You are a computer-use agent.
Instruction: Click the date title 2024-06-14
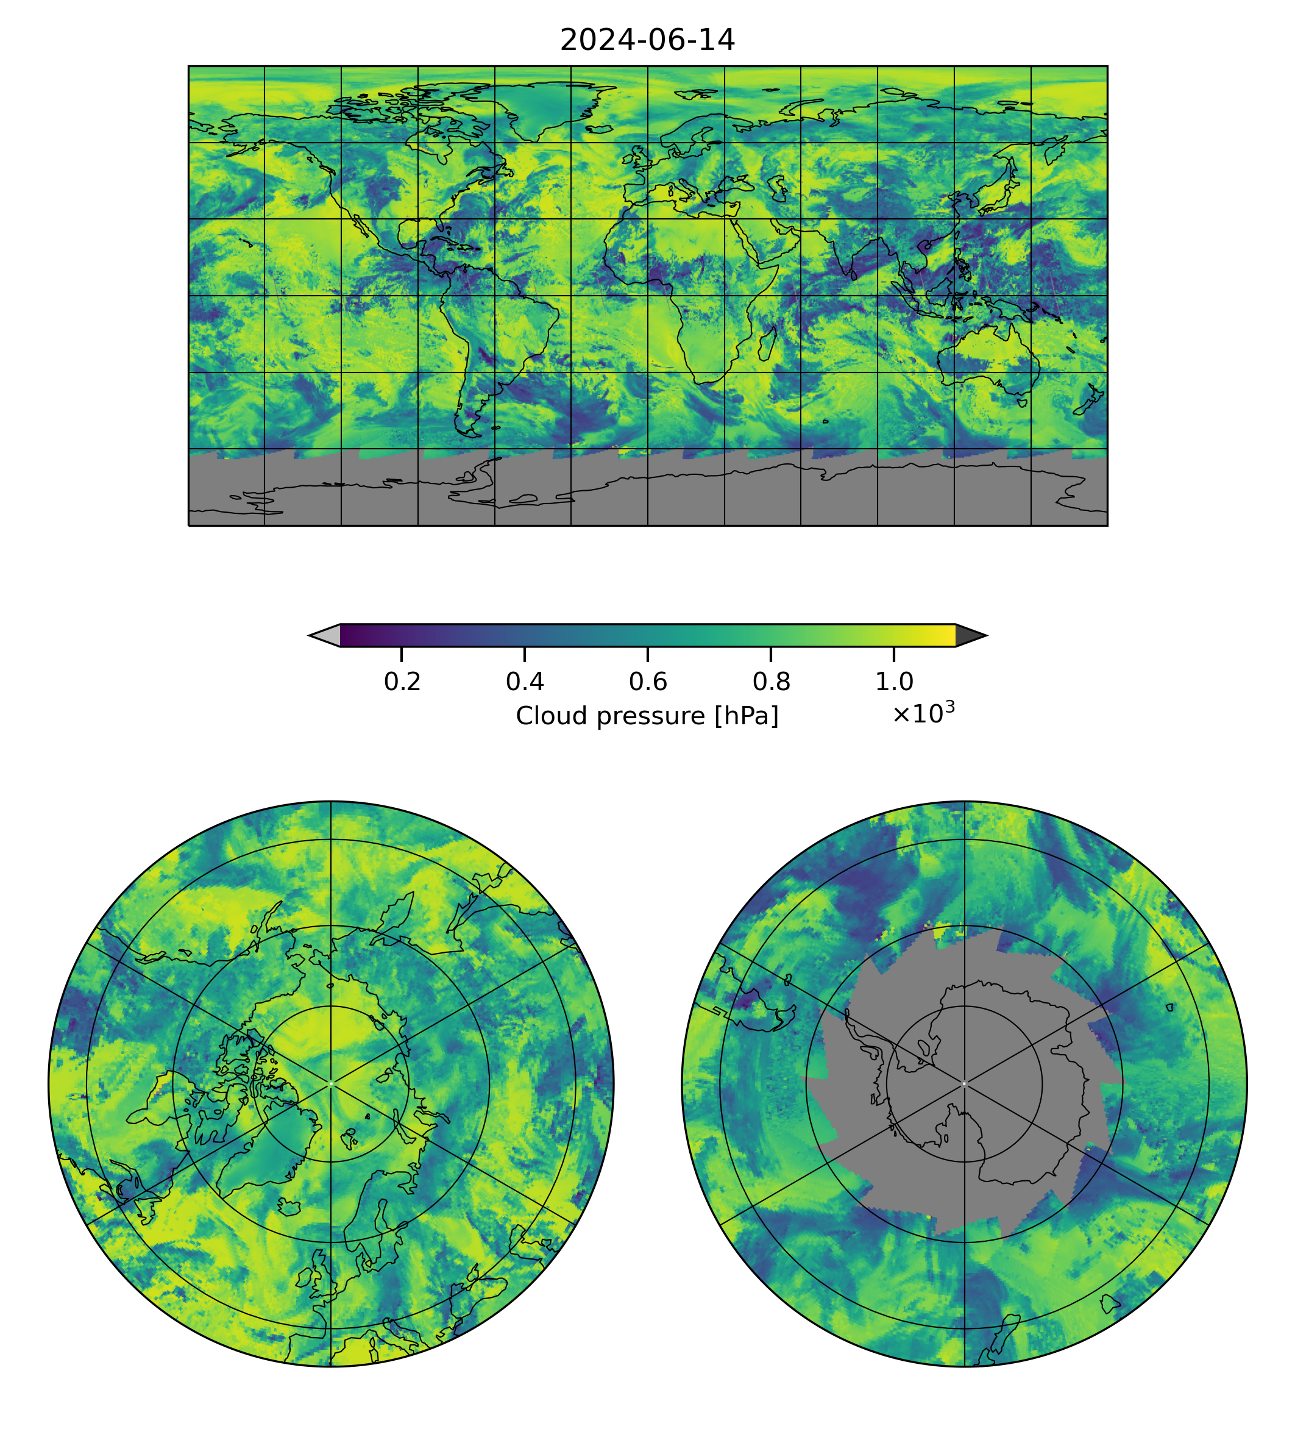(647, 41)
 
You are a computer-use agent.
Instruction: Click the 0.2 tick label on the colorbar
(402, 683)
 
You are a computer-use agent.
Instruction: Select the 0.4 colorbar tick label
(525, 683)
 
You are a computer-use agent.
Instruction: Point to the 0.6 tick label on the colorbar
(647, 683)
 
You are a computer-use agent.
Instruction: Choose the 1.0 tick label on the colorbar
(893, 683)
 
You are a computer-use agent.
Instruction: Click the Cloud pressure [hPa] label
(647, 716)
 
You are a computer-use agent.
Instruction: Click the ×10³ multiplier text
(923, 713)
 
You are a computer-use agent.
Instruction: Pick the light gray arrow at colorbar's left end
(325, 636)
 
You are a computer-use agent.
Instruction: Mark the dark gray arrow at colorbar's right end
(970, 636)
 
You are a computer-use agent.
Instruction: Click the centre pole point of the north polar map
(331, 1083)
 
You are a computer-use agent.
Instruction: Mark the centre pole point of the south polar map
(964, 1083)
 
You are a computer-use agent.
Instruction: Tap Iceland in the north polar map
(289, 1206)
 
